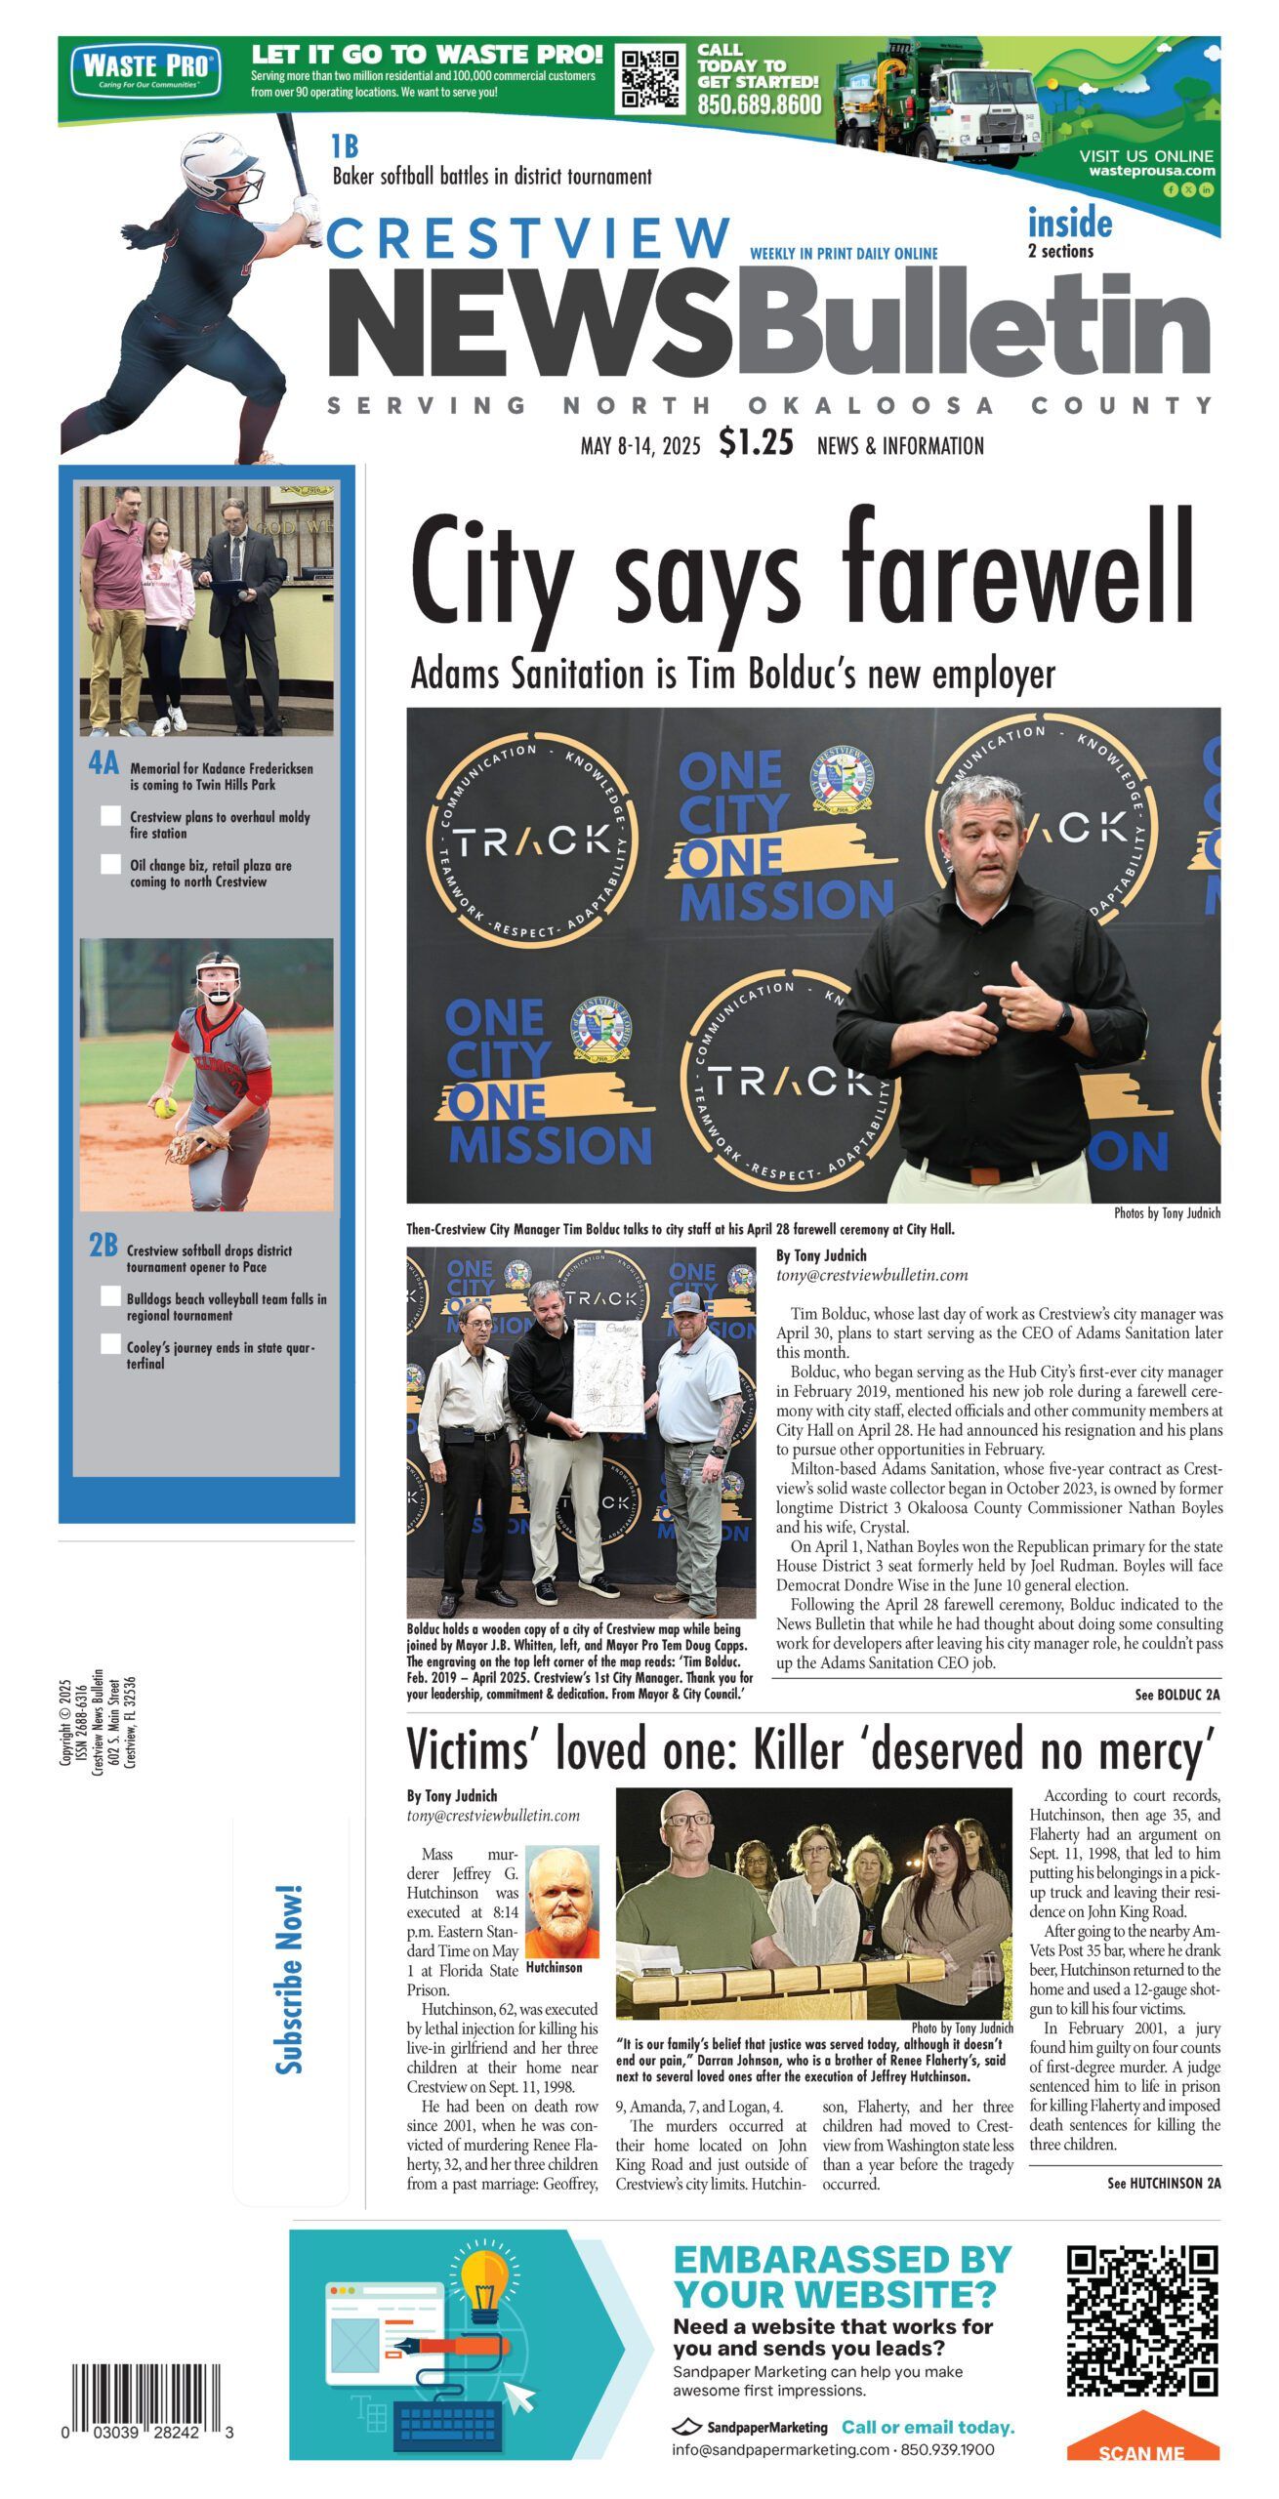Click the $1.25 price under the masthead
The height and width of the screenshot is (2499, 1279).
coord(756,443)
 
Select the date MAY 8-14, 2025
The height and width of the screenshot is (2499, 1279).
coord(640,447)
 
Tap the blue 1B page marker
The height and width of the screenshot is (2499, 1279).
coord(344,147)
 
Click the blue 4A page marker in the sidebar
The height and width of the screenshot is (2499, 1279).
coord(103,764)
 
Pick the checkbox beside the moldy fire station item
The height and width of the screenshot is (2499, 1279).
coord(110,816)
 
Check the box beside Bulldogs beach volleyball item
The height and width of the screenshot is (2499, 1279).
coord(110,1296)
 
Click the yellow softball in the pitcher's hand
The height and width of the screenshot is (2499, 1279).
coord(164,1107)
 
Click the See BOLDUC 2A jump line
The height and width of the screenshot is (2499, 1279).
coord(1176,1696)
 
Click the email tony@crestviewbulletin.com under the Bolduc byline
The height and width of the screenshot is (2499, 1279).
coord(872,1275)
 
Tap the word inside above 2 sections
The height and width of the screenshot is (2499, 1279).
coord(1069,224)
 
